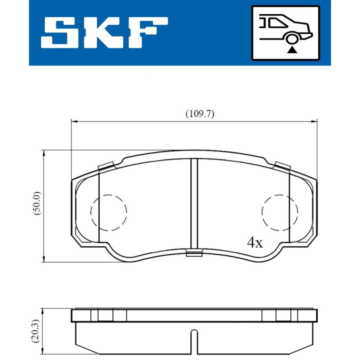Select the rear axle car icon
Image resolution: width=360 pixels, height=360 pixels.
[x=285, y=32]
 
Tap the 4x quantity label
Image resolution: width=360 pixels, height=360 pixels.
[x=255, y=243]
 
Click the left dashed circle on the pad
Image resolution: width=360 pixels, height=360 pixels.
[x=108, y=212]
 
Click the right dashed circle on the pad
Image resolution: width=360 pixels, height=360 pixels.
[x=281, y=212]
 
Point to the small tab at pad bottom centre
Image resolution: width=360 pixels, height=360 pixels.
[x=194, y=253]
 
